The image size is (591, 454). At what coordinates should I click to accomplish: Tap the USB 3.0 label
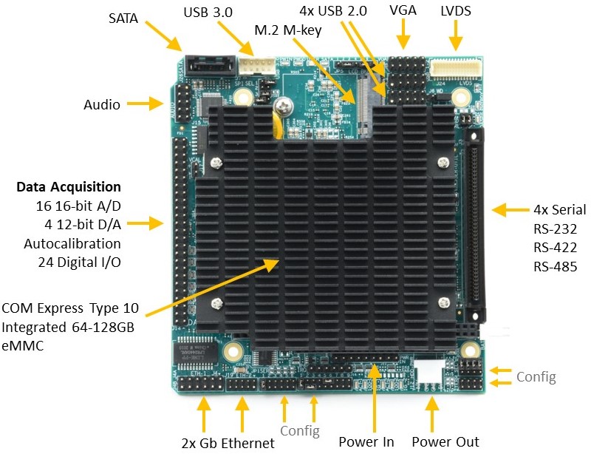[208, 13]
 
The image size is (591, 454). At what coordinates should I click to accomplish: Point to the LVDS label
[456, 12]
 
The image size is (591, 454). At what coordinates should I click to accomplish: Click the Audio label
[102, 105]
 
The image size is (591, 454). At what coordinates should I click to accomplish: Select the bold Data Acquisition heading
[69, 187]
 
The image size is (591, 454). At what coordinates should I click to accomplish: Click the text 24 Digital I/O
[79, 261]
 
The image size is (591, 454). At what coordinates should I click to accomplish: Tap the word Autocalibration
[72, 243]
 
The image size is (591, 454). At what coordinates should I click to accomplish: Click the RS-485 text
[555, 267]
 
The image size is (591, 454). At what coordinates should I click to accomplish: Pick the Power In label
[366, 442]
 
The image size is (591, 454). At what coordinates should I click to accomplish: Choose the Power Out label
[445, 442]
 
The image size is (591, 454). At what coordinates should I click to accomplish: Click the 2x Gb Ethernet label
[228, 443]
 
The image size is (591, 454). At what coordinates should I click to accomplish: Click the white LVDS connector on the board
[453, 70]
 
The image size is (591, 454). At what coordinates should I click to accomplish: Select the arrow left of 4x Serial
[509, 210]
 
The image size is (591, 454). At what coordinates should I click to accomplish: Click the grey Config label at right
[536, 377]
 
